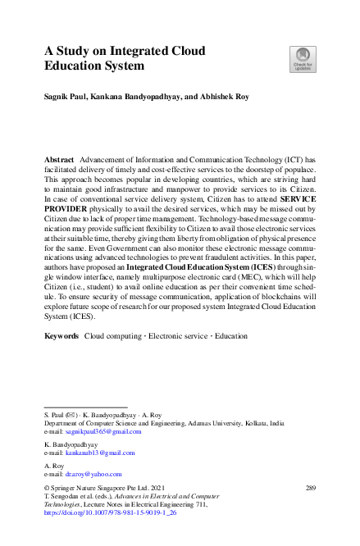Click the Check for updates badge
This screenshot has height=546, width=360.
302,58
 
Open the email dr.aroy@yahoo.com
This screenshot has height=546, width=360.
93,473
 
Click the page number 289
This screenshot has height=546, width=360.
310,488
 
